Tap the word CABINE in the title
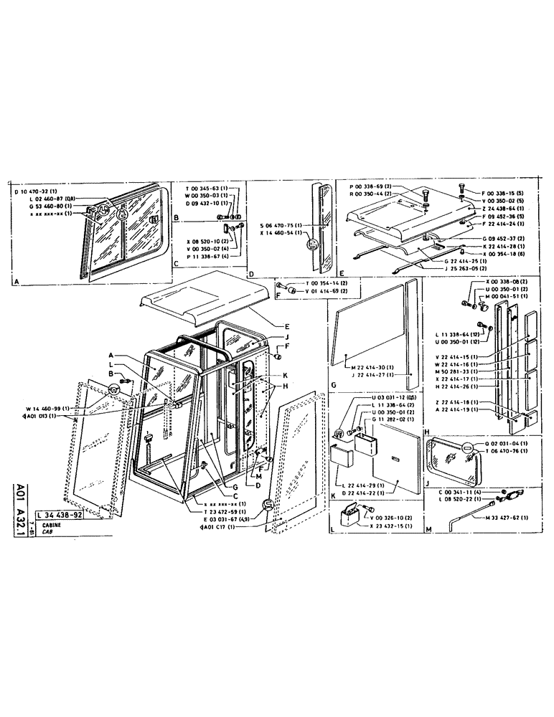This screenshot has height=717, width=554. tap(52, 525)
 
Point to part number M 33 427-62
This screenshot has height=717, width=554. tap(505, 517)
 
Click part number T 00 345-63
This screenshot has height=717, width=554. tap(206, 189)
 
